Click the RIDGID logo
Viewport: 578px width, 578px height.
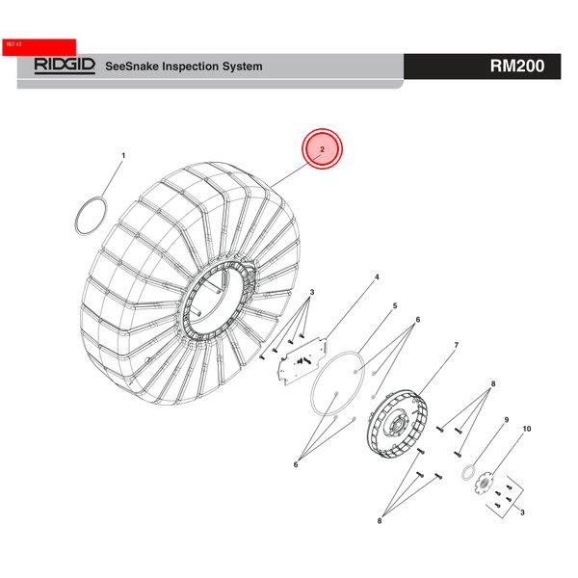click(65, 66)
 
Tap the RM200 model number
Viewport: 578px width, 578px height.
click(517, 66)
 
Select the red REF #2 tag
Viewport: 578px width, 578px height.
click(39, 47)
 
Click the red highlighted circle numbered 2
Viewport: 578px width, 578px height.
click(322, 149)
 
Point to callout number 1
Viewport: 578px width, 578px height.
click(123, 155)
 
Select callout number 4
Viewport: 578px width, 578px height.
click(377, 276)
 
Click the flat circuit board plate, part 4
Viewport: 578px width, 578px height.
click(303, 361)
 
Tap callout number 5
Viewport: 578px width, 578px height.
click(395, 306)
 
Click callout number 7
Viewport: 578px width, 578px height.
click(457, 345)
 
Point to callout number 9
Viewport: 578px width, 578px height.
click(507, 420)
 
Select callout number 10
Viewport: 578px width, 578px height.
click(527, 429)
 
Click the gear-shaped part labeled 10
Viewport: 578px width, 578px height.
click(484, 483)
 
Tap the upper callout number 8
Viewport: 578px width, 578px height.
click(493, 383)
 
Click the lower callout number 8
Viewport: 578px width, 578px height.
click(380, 521)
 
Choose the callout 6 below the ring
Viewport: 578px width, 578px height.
click(296, 464)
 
